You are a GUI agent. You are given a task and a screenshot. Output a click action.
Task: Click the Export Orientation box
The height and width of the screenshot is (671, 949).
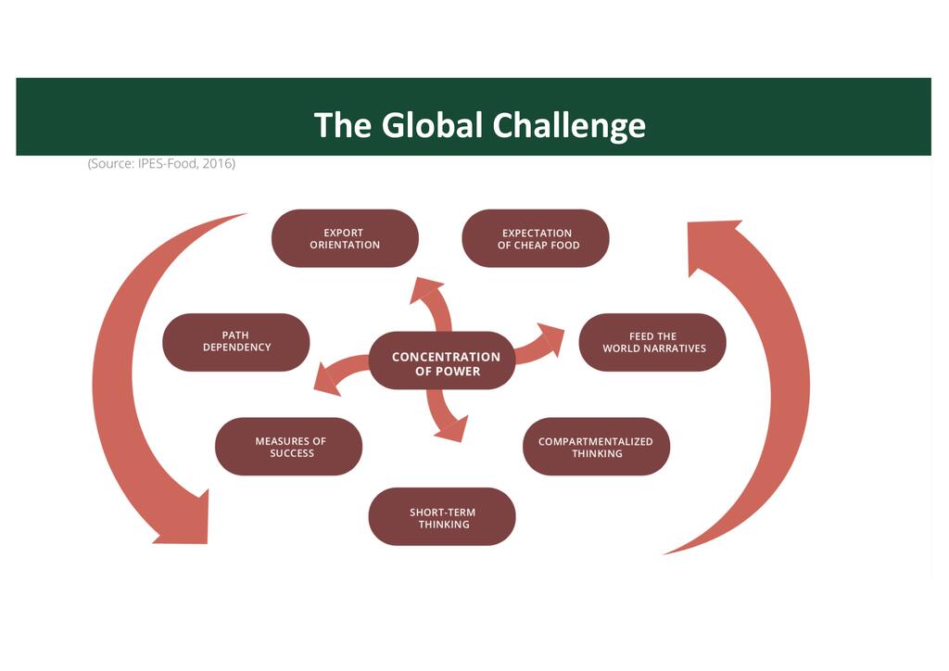click(x=345, y=238)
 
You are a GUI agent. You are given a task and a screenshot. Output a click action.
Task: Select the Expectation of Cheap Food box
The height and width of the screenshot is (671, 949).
click(x=536, y=238)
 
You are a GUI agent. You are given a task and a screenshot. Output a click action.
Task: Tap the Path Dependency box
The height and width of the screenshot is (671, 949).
click(x=236, y=342)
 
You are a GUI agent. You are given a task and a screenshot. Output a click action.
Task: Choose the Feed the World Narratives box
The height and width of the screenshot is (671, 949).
click(x=652, y=342)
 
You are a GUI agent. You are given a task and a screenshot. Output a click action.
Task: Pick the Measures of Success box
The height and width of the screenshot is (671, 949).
click(x=289, y=447)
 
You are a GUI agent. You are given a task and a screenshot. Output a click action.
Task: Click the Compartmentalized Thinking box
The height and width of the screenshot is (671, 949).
click(x=596, y=447)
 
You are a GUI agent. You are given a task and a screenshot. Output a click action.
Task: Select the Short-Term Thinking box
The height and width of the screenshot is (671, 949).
click(x=442, y=517)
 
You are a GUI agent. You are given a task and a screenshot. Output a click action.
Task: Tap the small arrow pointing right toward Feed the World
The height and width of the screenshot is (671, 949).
click(x=541, y=343)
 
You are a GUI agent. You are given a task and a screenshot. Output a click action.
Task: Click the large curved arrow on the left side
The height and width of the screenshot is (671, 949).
click(x=125, y=389)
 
